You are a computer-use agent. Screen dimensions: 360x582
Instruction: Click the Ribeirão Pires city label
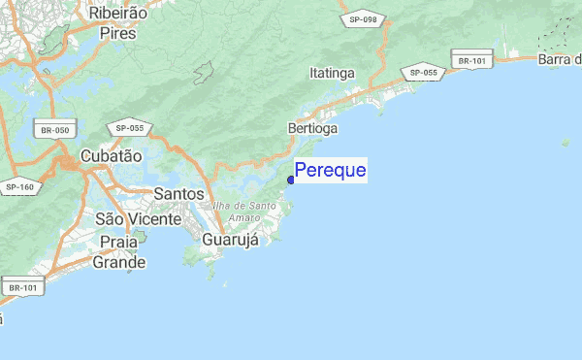(112, 22)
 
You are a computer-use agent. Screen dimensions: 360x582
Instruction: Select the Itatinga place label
(332, 73)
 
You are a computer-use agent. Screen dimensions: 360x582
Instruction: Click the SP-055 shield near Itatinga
(423, 73)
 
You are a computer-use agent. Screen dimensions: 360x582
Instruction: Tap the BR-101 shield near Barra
(471, 60)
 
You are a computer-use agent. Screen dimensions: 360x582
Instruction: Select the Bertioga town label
(312, 128)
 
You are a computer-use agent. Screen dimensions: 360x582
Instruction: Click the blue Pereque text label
(330, 171)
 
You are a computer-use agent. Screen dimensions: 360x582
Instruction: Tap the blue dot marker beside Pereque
(291, 179)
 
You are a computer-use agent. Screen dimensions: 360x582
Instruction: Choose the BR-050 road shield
(55, 130)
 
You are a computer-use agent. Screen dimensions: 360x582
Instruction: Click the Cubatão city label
(111, 155)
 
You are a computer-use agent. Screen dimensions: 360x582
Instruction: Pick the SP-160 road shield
(18, 186)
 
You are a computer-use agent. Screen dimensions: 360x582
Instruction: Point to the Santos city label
(178, 193)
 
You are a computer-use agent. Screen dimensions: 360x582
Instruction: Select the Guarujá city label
(230, 239)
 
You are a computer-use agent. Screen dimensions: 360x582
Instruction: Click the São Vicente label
(139, 219)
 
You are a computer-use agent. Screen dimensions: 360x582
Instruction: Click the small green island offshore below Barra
(565, 143)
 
